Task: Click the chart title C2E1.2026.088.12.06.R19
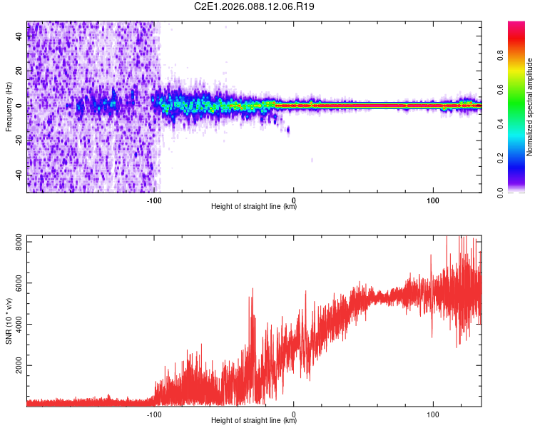pyautogui.click(x=254, y=6)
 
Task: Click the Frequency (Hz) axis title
pyautogui.click(x=9, y=106)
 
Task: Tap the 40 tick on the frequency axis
pyautogui.click(x=19, y=36)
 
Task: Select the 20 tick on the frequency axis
pyautogui.click(x=19, y=71)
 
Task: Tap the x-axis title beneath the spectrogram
pyautogui.click(x=254, y=207)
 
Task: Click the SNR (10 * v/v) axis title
pyautogui.click(x=9, y=320)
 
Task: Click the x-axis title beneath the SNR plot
pyautogui.click(x=254, y=421)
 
